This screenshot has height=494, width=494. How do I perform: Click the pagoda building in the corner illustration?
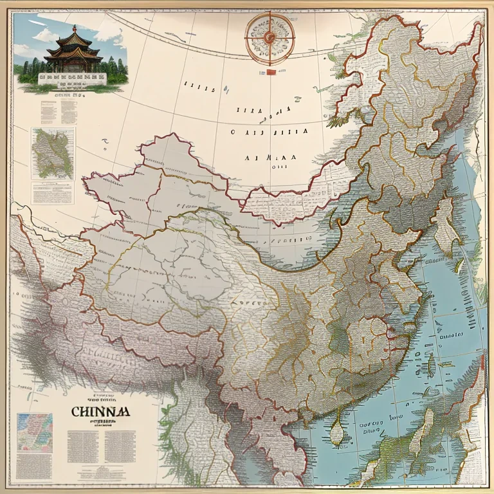[73, 53]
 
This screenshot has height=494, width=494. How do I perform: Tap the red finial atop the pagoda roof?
[74, 28]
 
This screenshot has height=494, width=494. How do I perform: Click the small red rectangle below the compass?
[270, 71]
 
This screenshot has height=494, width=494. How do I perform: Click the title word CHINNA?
[100, 410]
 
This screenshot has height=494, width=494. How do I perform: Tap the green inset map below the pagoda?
[53, 153]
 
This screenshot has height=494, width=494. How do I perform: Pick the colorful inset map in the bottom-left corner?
[35, 432]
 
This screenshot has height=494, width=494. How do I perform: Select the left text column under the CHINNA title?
[82, 444]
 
